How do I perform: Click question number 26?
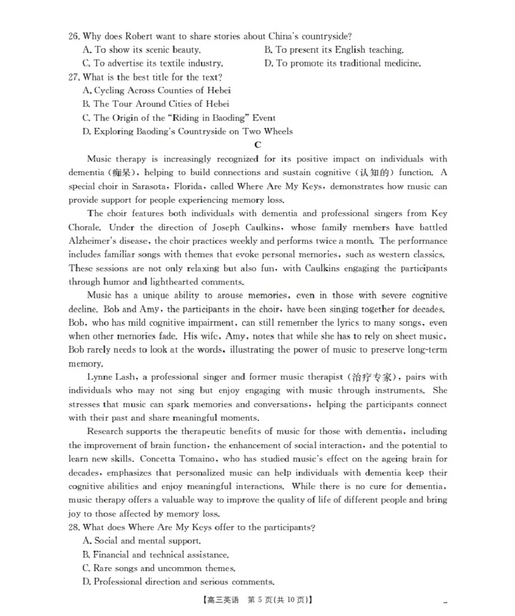pyautogui.click(x=74, y=36)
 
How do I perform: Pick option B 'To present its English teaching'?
pyautogui.click(x=334, y=50)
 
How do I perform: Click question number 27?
pyautogui.click(x=74, y=77)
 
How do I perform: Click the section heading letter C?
pyautogui.click(x=257, y=145)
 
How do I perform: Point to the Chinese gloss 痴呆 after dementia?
pyautogui.click(x=121, y=173)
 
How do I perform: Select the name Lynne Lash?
pyautogui.click(x=110, y=377)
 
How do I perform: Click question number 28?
pyautogui.click(x=74, y=527)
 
